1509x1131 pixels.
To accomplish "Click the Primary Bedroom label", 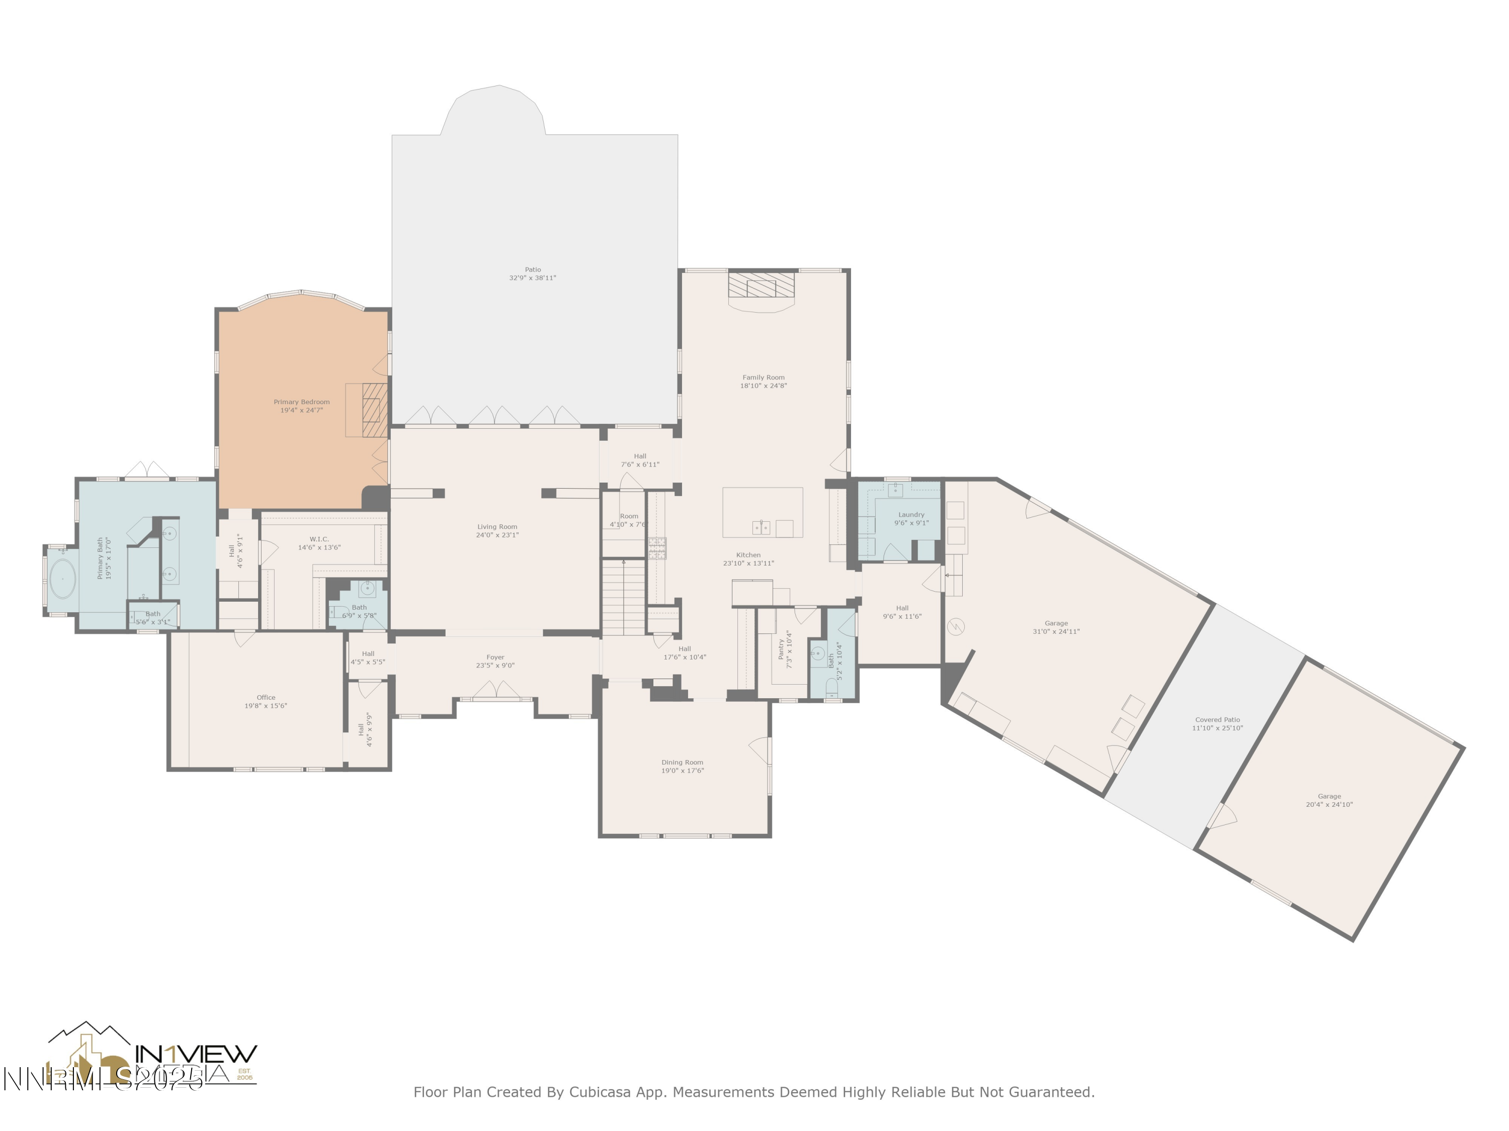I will pyautogui.click(x=301, y=402).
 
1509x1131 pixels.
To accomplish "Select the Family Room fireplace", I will pyautogui.click(x=762, y=287).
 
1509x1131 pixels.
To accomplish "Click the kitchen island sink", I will pyautogui.click(x=762, y=527).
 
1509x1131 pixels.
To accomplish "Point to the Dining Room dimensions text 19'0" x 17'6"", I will pyautogui.click(x=682, y=771).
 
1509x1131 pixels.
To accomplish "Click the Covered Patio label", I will pyautogui.click(x=1217, y=720).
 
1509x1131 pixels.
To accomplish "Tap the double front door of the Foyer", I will pyautogui.click(x=496, y=690).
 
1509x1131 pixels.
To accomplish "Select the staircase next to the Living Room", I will pyautogui.click(x=624, y=597).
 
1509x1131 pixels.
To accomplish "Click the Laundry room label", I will pyautogui.click(x=911, y=515).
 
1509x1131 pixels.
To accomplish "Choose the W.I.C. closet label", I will pyautogui.click(x=318, y=539).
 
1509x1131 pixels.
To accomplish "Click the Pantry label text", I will pyautogui.click(x=781, y=648).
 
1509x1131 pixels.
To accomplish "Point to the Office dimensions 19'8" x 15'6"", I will pyautogui.click(x=266, y=706).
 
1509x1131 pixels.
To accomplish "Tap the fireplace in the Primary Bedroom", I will pyautogui.click(x=374, y=409).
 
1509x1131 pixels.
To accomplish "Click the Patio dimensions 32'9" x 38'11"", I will pyautogui.click(x=532, y=278).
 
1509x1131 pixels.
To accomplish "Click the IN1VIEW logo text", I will pyautogui.click(x=197, y=1054).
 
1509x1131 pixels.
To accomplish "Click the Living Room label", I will pyautogui.click(x=496, y=526).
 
